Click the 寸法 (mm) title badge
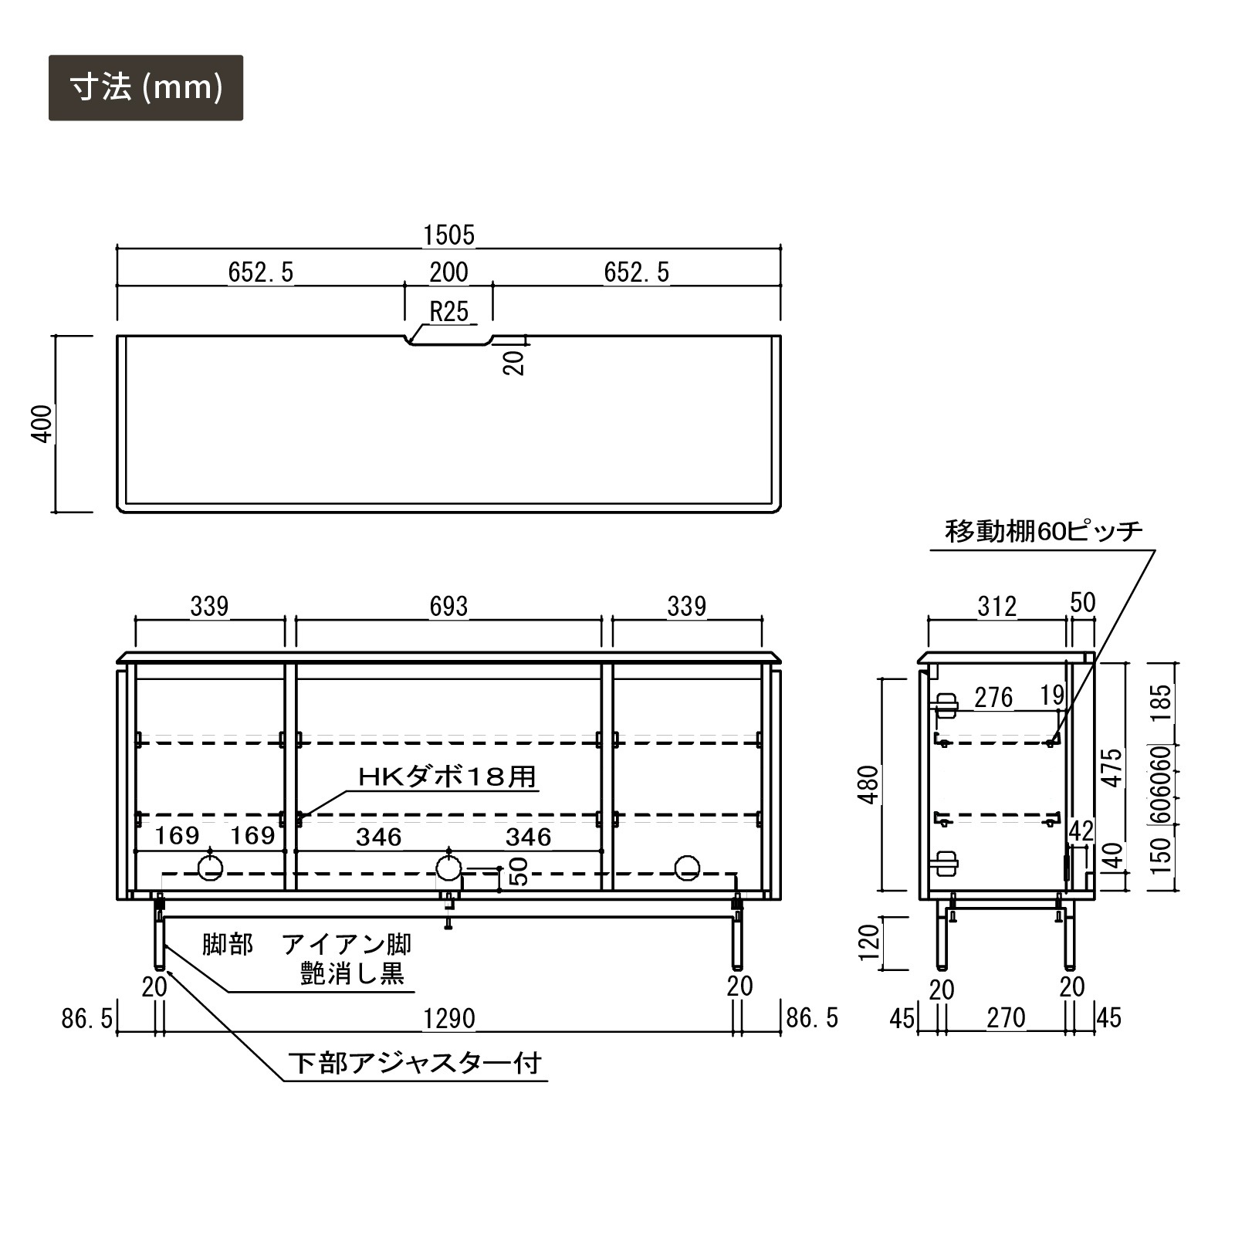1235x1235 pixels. tap(146, 88)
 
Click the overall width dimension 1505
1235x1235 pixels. tap(448, 235)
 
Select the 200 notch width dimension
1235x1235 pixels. tap(448, 272)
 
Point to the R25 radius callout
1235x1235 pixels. tap(449, 311)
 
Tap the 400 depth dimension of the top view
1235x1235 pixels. tap(43, 423)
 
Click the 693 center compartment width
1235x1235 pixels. tap(448, 606)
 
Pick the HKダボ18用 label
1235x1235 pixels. tap(448, 777)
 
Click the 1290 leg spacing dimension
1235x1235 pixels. tap(449, 1019)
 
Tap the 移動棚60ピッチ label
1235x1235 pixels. tap(1044, 532)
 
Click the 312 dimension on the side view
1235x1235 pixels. tap(996, 607)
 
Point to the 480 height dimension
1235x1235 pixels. tap(869, 784)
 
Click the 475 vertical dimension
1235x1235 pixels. tap(1111, 767)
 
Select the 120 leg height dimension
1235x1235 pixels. tap(869, 942)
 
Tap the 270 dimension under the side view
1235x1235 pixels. tap(1006, 1018)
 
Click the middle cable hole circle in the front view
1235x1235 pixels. tap(448, 868)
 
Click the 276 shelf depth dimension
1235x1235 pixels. tap(993, 698)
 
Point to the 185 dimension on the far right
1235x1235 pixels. tap(1162, 703)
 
